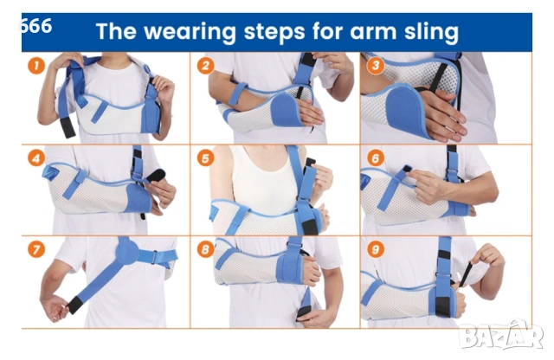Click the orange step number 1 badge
click(36, 66)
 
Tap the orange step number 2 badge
click(206, 66)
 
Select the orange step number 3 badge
click(375, 66)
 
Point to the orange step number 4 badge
click(36, 157)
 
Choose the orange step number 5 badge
click(206, 157)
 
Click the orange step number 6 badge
click(375, 157)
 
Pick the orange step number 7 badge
click(36, 249)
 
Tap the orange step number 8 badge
click(206, 249)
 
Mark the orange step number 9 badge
click(375, 249)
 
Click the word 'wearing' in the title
click(190, 32)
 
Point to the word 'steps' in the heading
click(274, 32)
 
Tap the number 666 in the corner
click(35, 26)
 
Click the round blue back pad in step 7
click(127, 251)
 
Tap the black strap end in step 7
click(74, 305)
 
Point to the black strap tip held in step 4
click(156, 175)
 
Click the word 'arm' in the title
click(373, 32)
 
